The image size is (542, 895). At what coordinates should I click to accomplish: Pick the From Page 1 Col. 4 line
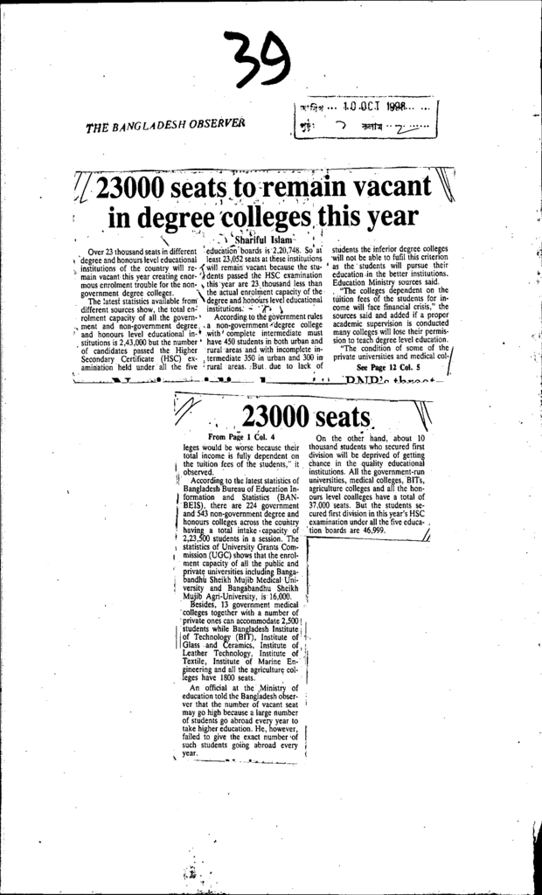pos(242,436)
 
